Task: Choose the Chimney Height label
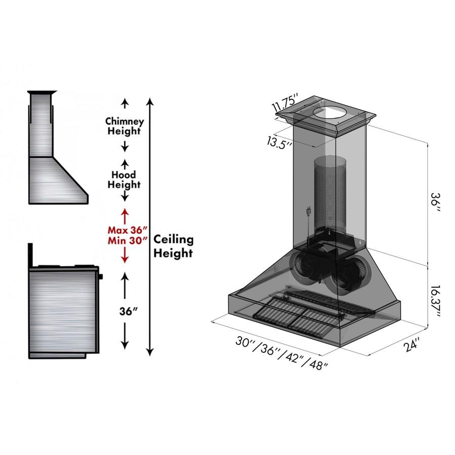click(x=124, y=126)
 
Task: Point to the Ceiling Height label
click(x=173, y=245)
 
